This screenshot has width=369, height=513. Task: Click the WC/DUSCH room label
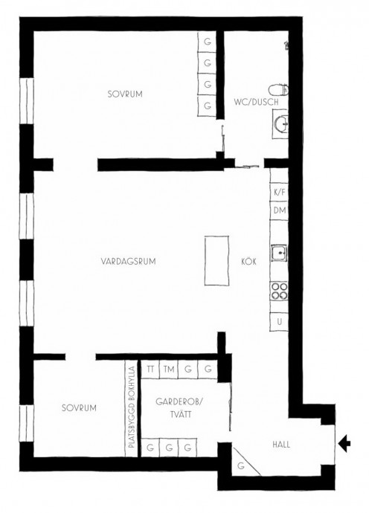tap(256, 102)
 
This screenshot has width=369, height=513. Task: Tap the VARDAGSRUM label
tap(128, 262)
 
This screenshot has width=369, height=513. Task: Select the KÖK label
tap(248, 262)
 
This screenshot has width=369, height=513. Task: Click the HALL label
tap(281, 445)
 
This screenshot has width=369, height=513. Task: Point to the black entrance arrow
tap(344, 444)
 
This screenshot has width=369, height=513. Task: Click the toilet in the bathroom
tap(278, 90)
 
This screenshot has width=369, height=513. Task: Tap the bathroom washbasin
tap(280, 123)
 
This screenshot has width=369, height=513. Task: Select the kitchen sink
tap(279, 253)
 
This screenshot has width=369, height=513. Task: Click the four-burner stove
tap(279, 291)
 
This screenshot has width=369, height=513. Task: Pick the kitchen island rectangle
tap(216, 260)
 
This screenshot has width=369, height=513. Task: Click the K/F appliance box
tap(279, 193)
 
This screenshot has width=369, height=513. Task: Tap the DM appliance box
tap(279, 210)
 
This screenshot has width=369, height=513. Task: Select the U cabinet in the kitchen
tap(279, 322)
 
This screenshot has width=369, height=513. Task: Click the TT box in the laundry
tap(150, 370)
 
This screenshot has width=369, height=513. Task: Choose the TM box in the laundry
tap(169, 370)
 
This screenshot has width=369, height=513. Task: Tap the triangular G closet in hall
tap(242, 464)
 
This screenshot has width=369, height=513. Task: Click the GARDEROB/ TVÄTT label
tap(179, 408)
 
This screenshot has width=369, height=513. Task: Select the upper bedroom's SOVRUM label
tap(125, 94)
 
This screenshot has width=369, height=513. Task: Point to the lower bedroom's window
tap(27, 424)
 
